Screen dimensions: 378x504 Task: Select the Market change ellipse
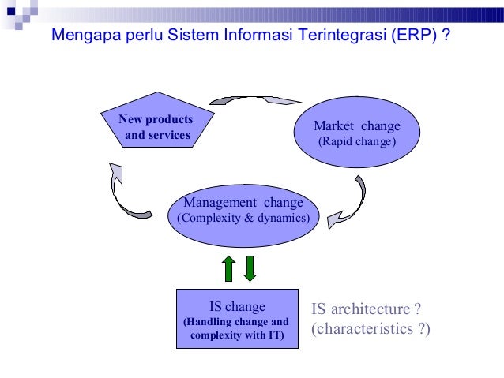click(356, 135)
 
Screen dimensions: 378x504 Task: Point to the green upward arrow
click(229, 268)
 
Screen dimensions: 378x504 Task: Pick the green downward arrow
click(250, 268)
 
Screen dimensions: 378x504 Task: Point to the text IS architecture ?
click(366, 309)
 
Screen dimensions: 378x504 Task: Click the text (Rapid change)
click(356, 143)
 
